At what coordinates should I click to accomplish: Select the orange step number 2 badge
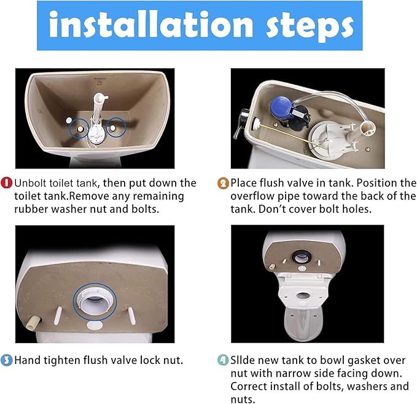tap(224, 183)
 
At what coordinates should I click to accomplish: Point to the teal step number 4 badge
tap(224, 360)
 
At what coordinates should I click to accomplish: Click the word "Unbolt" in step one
tap(33, 183)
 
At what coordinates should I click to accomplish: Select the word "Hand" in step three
tap(28, 360)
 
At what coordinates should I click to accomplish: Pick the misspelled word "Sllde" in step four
tap(244, 360)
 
